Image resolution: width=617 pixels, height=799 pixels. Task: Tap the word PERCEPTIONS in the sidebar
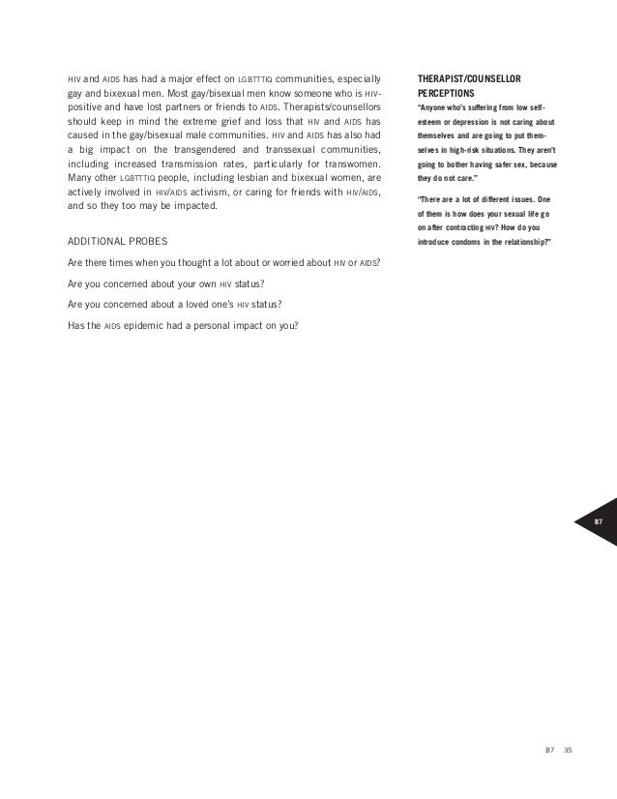(x=449, y=95)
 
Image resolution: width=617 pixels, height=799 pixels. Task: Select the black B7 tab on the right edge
(x=598, y=521)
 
